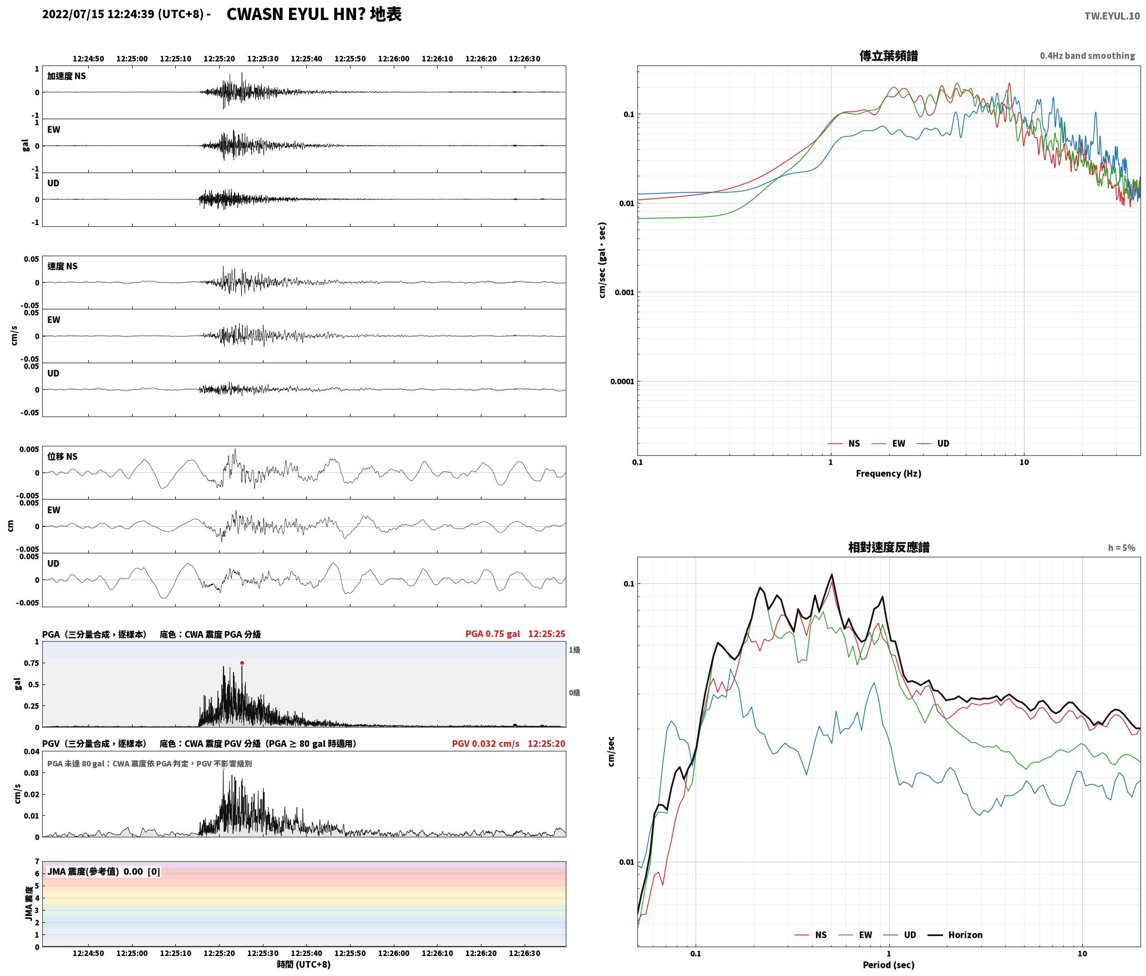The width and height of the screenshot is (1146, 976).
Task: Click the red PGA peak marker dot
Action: coord(242,663)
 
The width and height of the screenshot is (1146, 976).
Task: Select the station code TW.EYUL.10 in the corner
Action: coord(1112,16)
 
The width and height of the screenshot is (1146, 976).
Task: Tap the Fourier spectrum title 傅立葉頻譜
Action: coord(888,55)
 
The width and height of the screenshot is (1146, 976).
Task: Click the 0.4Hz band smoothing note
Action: coord(1087,56)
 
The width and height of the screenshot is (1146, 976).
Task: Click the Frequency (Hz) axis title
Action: coord(888,473)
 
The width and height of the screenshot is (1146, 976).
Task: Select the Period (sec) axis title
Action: coord(888,964)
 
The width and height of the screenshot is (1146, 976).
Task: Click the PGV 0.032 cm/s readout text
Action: coord(486,744)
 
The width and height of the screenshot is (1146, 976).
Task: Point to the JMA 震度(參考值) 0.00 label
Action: coord(104,871)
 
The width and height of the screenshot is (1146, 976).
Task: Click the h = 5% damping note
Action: coord(1122,548)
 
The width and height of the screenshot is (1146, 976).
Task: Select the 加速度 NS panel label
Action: coord(67,76)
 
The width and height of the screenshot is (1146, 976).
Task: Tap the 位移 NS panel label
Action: coord(62,456)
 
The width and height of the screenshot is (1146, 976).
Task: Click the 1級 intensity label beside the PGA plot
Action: coord(574,650)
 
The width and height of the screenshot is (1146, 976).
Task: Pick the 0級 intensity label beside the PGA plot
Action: coord(574,693)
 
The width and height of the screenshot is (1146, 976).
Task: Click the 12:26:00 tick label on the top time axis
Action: coord(394,59)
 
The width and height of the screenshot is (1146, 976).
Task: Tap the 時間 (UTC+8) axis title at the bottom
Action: coord(304,964)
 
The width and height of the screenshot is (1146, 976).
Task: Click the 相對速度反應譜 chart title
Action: coord(889,547)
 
